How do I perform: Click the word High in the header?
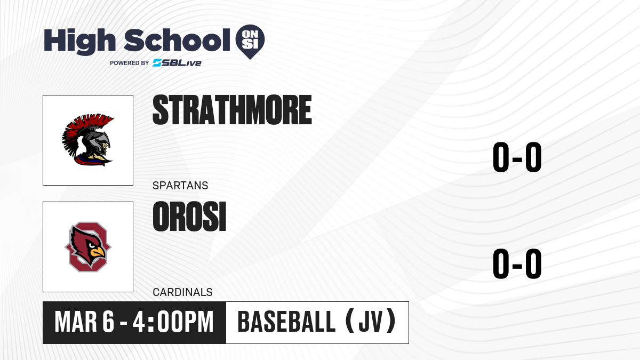tap(79, 41)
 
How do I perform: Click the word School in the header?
tap(177, 40)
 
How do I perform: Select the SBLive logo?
tap(177, 63)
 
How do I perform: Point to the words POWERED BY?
tap(130, 63)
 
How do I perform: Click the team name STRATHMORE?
tap(232, 110)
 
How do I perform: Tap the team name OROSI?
tap(189, 217)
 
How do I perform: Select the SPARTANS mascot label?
tap(180, 186)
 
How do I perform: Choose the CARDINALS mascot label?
tap(182, 292)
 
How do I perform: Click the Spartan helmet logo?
tap(88, 140)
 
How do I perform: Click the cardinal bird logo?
tap(88, 247)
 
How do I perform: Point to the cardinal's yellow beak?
tap(98, 252)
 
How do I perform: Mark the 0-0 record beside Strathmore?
tap(517, 157)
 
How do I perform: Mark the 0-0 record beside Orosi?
tap(517, 263)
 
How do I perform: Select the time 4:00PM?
tap(173, 322)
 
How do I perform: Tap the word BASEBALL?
tap(286, 322)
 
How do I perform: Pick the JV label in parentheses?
tap(370, 322)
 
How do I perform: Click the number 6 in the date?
tap(108, 322)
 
